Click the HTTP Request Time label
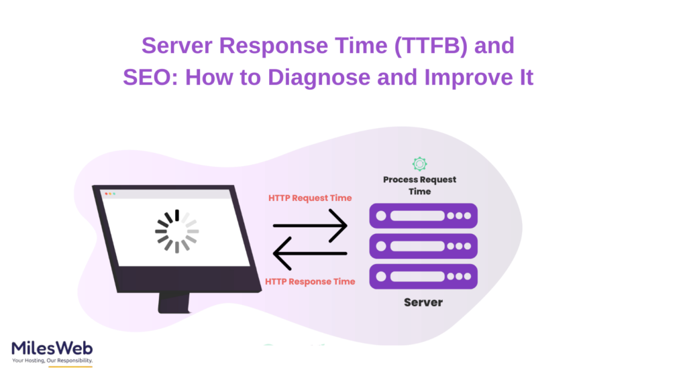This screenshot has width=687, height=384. point(310,198)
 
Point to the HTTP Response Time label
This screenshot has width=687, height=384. point(310,281)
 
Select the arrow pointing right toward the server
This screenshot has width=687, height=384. point(310,225)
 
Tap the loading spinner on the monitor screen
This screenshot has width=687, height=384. point(176,231)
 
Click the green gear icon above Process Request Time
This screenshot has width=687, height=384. point(420,164)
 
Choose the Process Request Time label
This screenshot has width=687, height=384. point(420,186)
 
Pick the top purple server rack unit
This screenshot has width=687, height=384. point(423,216)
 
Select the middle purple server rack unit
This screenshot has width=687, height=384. point(423,246)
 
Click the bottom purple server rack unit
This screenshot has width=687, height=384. point(423,276)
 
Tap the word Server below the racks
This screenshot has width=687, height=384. point(423,302)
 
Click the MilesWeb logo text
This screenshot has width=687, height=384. point(52,348)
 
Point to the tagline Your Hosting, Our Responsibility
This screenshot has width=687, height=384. point(52,361)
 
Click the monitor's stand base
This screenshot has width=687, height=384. point(174,305)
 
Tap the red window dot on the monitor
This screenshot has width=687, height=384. point(106,194)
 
